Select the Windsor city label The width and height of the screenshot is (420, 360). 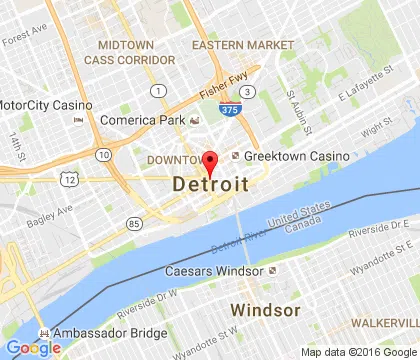(x=265, y=309)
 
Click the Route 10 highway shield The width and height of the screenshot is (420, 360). (x=105, y=155)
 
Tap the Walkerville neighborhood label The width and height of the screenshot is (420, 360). (x=384, y=324)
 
